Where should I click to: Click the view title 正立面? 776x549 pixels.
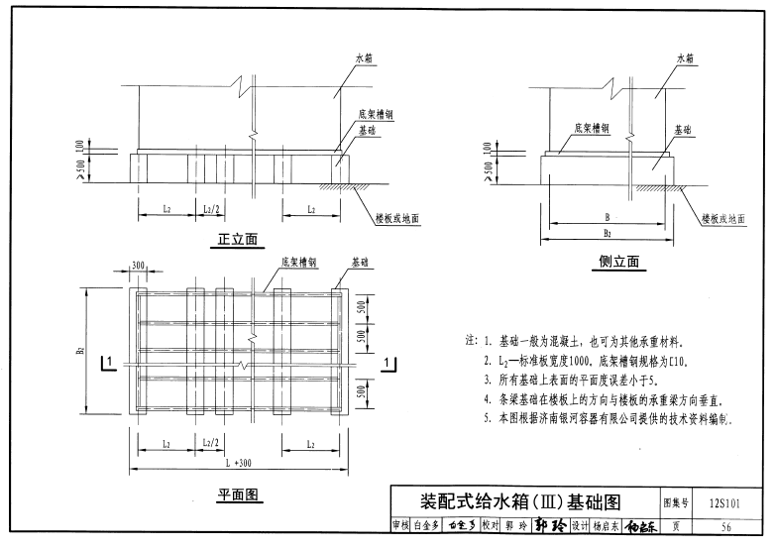238,239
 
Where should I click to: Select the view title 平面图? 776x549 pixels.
238,494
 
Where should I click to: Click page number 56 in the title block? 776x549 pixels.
726,526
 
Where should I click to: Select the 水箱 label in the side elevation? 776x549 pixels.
686,59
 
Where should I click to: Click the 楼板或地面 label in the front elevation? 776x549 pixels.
397,216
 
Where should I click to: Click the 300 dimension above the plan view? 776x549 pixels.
137,267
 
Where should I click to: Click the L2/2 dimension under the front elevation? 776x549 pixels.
211,210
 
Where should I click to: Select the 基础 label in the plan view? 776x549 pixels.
361,264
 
